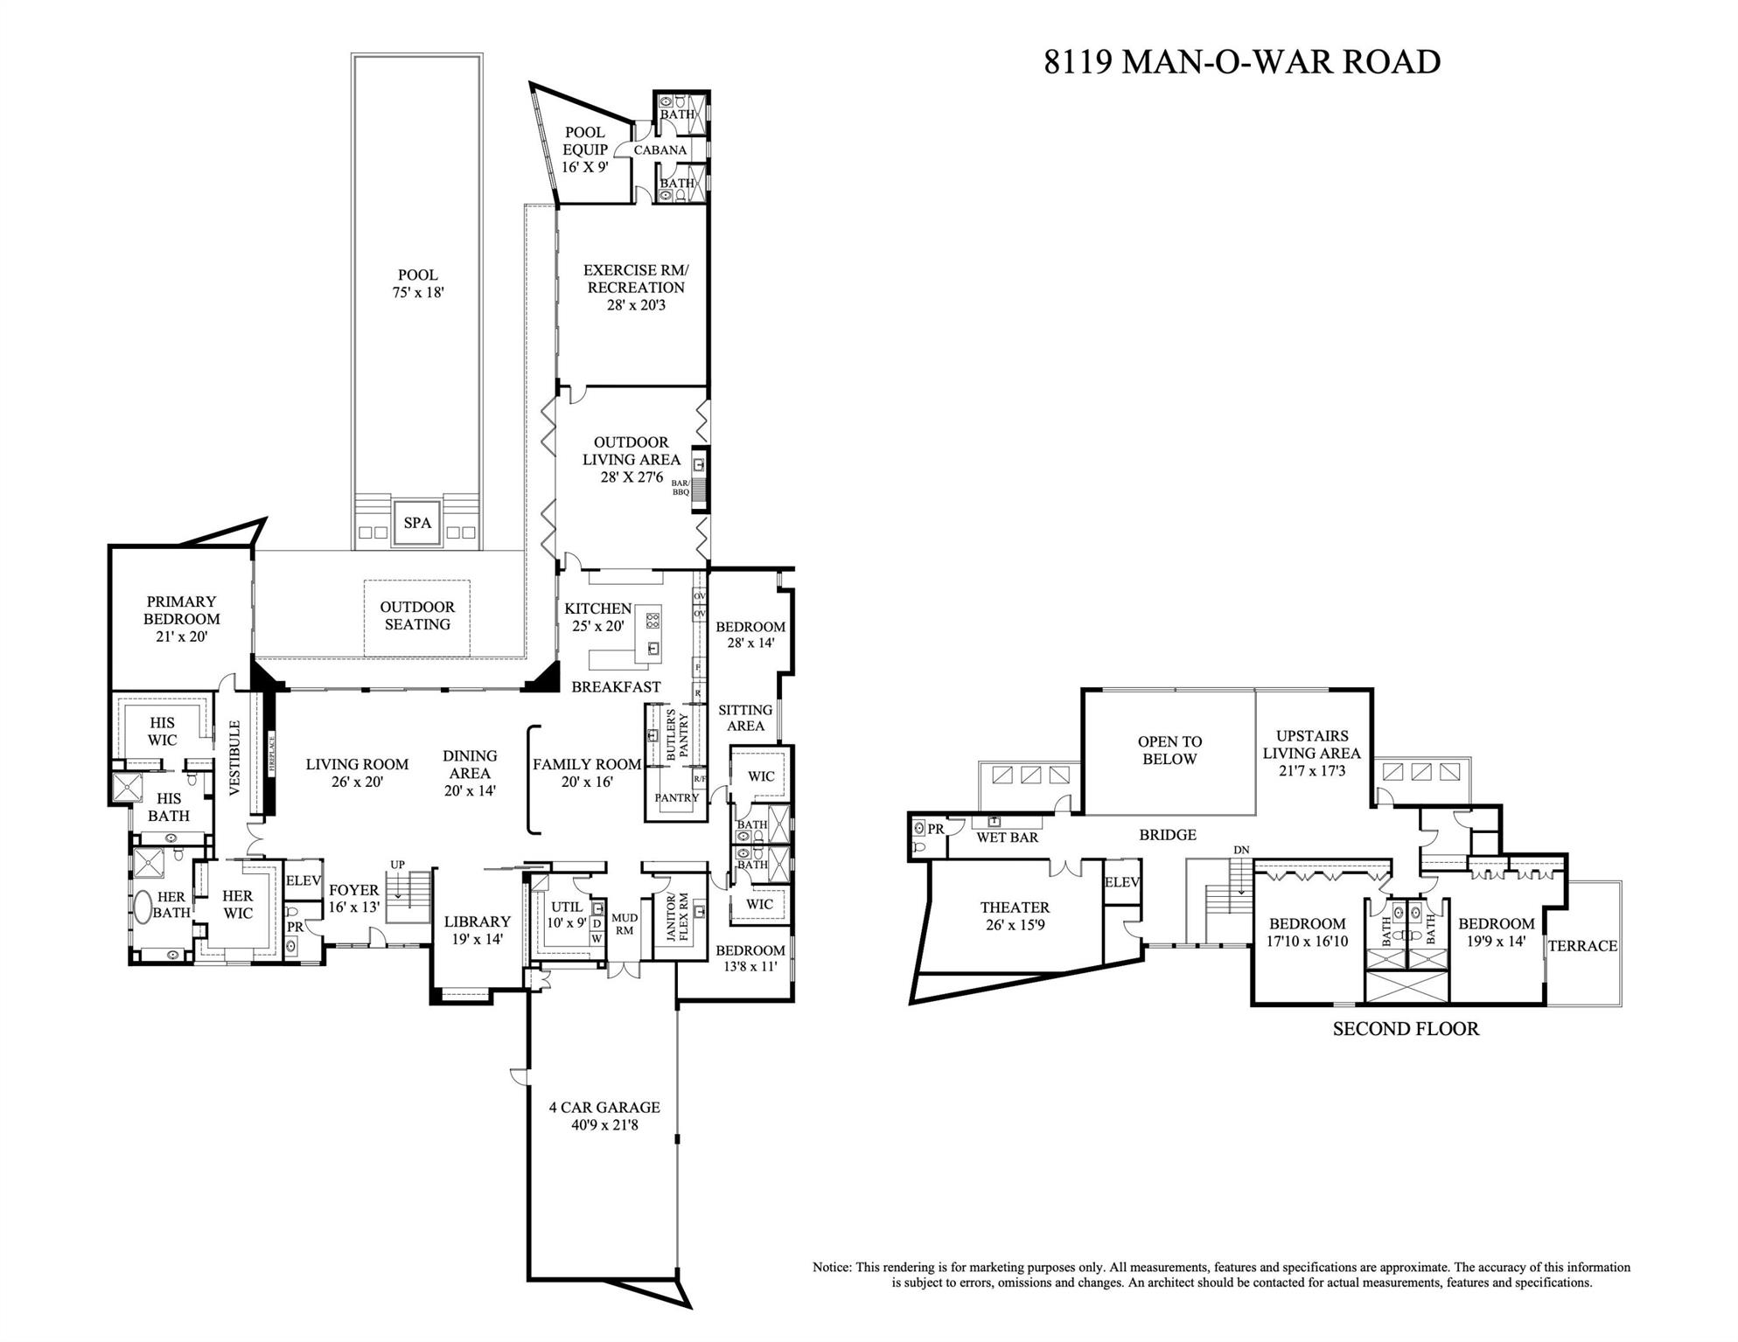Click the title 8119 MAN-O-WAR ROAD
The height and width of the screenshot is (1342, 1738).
pos(1241,62)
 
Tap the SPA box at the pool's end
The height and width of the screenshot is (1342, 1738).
pos(417,523)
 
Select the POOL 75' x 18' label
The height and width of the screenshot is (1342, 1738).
pos(417,283)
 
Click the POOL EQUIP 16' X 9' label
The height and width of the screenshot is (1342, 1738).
pos(584,149)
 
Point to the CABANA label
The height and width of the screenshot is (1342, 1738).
pos(660,150)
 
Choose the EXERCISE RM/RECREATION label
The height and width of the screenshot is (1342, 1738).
pos(635,287)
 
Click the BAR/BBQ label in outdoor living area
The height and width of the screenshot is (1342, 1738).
pos(681,487)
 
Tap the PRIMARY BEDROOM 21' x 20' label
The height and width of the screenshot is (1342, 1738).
pos(181,618)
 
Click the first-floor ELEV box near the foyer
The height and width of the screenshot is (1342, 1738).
pos(303,880)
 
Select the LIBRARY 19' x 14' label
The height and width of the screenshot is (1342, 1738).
pos(477,930)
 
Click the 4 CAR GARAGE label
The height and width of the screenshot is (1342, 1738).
pos(604,1116)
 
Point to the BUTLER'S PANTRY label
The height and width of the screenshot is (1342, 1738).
pos(678,735)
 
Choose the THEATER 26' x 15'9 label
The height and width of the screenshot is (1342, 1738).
pos(1015,915)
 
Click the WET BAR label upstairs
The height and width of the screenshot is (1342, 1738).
pos(1007,838)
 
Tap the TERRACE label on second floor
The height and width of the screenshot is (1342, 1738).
pos(1581,946)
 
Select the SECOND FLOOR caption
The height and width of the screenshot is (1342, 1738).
pos(1405,1029)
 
